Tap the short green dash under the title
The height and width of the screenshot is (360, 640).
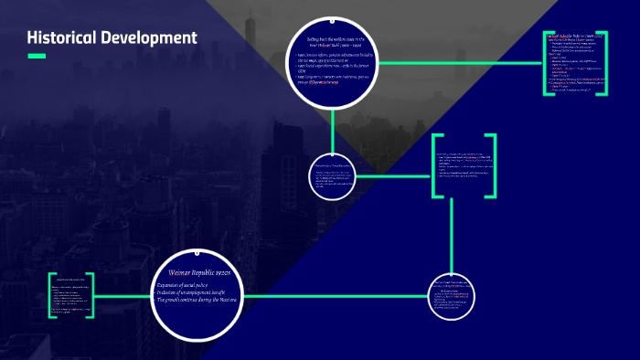pos(37,57)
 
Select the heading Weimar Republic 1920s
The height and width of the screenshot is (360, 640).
pos(196,272)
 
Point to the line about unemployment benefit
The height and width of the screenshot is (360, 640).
pos(193,292)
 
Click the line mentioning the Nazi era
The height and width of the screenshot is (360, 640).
pos(197,300)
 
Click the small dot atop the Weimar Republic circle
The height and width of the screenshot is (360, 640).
pos(194,249)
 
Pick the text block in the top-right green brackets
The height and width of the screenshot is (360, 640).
pos(578,65)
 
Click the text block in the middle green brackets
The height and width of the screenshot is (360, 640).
pos(464,165)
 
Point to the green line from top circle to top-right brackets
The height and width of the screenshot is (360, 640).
pos(457,64)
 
